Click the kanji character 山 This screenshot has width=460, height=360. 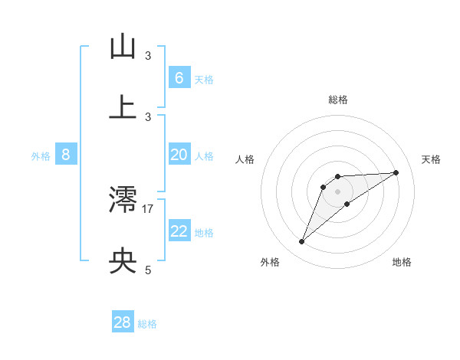coord(123,47)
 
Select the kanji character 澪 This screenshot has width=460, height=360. coord(123,201)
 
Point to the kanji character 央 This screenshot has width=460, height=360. coord(123,262)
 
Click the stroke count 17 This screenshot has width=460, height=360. coord(148,208)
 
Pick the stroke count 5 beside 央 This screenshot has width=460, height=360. coord(148,270)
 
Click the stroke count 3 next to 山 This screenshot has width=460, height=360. coord(148,55)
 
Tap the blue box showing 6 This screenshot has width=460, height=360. coord(179,78)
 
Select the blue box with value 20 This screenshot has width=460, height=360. coord(179,155)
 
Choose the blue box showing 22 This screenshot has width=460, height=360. coord(179,231)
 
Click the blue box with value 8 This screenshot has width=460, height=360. coord(66,155)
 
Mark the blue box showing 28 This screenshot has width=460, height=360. coord(123,322)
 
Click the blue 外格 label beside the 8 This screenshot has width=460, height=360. coord(41,155)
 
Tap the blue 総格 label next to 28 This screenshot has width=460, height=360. coord(147,324)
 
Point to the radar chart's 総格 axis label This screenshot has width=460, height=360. coord(338,100)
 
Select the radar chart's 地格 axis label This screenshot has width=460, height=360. coord(402,262)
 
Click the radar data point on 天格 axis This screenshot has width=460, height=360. coord(396,172)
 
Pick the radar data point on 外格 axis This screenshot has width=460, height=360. coord(302,242)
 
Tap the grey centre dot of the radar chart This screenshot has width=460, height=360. coord(338,191)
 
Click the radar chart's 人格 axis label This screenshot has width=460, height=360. coord(245,159)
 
